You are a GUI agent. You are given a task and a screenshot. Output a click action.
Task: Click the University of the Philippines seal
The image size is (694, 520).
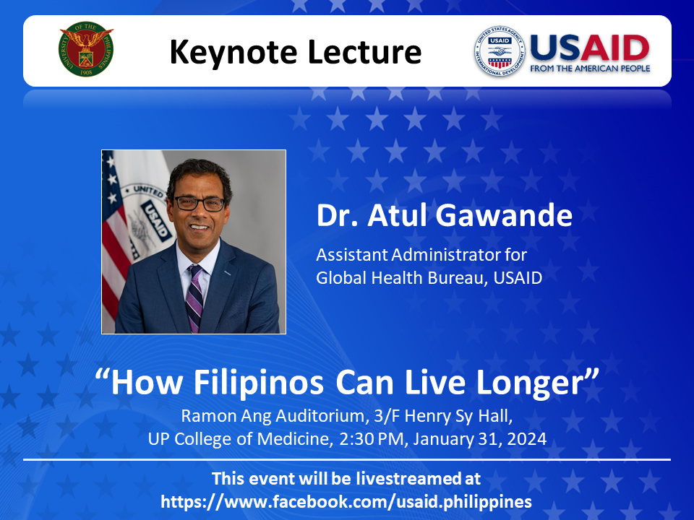86,49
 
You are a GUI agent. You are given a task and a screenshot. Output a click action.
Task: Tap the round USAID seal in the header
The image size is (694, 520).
500,51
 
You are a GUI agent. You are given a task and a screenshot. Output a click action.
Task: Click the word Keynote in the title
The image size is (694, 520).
234,53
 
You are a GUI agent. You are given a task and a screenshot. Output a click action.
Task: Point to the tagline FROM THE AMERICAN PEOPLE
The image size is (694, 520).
590,69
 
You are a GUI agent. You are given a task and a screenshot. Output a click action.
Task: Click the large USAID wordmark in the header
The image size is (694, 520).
590,48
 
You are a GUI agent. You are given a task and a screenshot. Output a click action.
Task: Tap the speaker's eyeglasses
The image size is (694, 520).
200,204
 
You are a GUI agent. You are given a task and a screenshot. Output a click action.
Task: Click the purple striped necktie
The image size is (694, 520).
194,298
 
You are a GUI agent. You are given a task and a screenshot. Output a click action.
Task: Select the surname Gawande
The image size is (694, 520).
504,215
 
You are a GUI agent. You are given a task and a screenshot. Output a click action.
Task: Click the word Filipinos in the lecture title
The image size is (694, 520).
259,383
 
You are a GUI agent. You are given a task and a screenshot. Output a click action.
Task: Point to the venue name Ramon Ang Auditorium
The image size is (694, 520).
273,416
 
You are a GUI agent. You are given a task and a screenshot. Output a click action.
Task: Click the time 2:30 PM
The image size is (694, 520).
372,439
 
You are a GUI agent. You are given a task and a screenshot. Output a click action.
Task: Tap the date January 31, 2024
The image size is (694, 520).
480,439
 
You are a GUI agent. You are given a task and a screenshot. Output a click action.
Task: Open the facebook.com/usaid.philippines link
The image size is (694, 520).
346,502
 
